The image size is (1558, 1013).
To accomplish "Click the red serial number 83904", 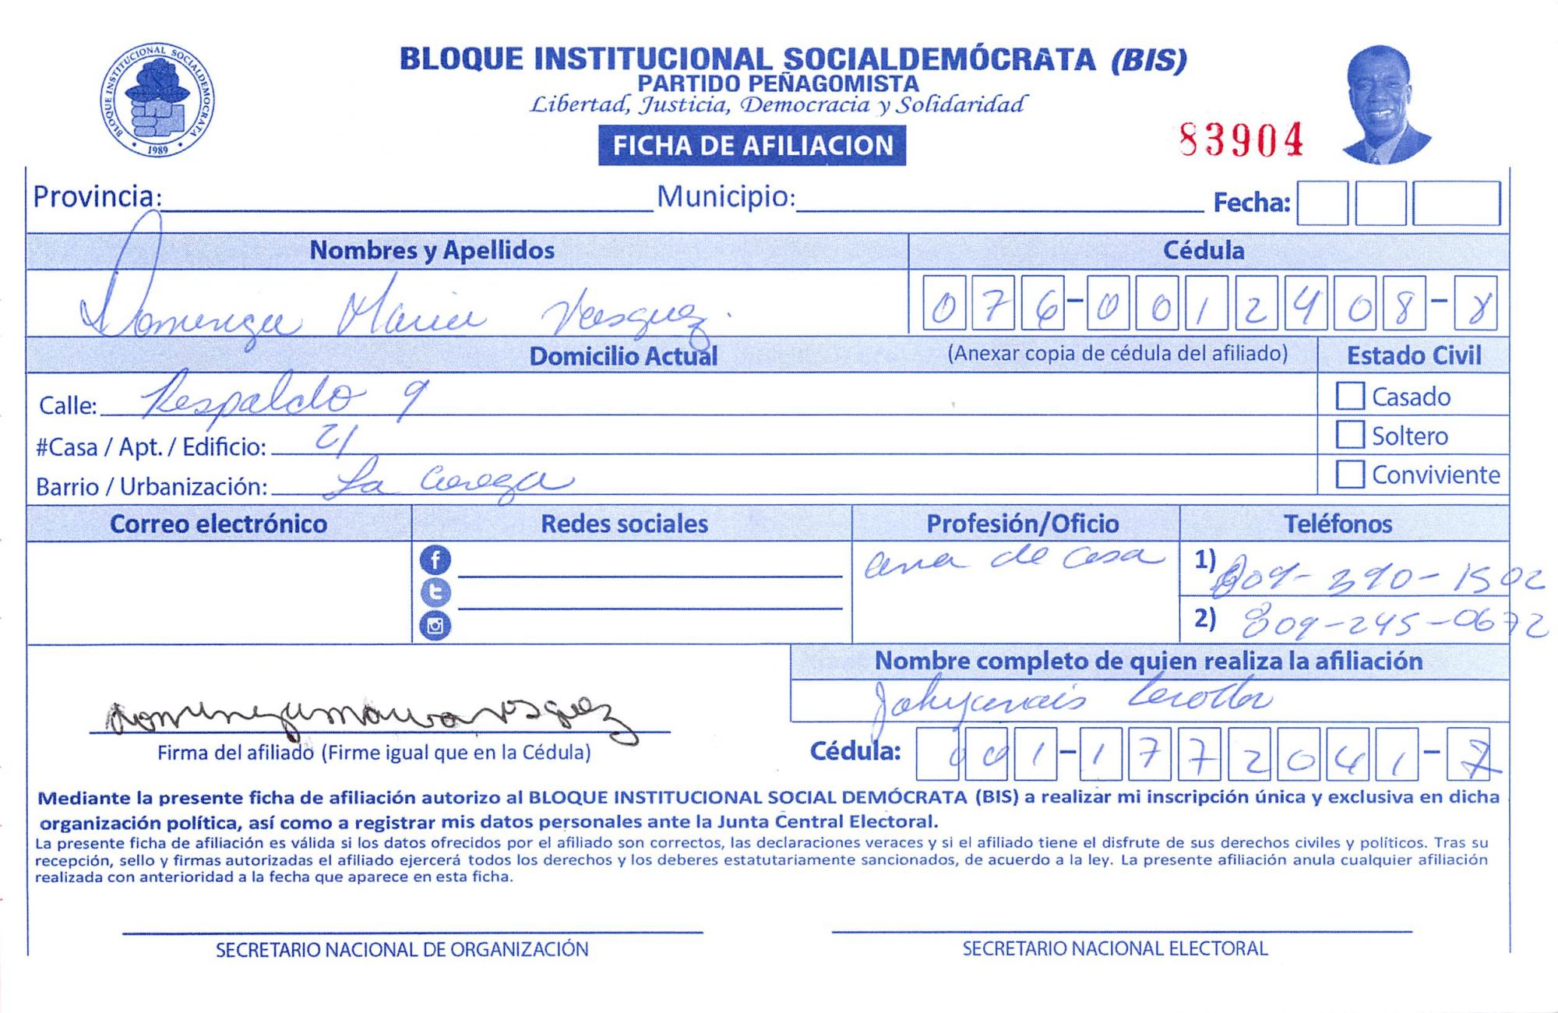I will pyautogui.click(x=1241, y=141).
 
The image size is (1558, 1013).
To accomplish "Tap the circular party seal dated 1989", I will pyautogui.click(x=157, y=100).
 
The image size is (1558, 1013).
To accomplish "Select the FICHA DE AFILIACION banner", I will pyautogui.click(x=752, y=146).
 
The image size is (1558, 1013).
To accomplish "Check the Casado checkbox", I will pyautogui.click(x=1350, y=396).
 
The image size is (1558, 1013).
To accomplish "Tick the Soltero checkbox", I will pyautogui.click(x=1350, y=435).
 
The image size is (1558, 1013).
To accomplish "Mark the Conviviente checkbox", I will pyautogui.click(x=1350, y=474).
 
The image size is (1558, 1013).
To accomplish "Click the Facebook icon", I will pyautogui.click(x=435, y=559).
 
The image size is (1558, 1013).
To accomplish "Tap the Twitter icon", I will pyautogui.click(x=435, y=592).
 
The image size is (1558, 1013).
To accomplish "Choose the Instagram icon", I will pyautogui.click(x=435, y=625).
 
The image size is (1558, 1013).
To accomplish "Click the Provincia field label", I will pyautogui.click(x=97, y=197).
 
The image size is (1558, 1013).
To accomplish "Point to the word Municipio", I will pyautogui.click(x=725, y=197).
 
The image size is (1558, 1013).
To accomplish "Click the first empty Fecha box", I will pyautogui.click(x=1322, y=203).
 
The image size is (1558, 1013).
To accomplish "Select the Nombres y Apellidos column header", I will pyautogui.click(x=432, y=250).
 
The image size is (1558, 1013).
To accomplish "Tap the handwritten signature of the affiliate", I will pyautogui.click(x=366, y=718).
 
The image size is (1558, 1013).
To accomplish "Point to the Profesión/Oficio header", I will pyautogui.click(x=1022, y=524).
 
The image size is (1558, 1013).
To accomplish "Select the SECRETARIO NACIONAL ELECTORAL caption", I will pyautogui.click(x=1115, y=948).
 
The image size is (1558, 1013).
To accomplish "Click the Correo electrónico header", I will pyautogui.click(x=218, y=524).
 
